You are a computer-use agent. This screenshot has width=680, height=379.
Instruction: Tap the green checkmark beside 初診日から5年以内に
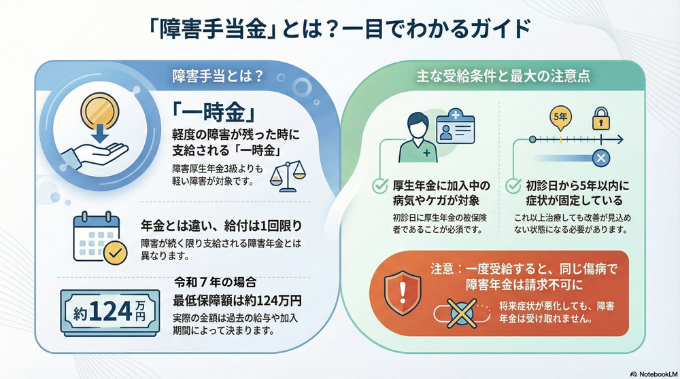click(x=515, y=185)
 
